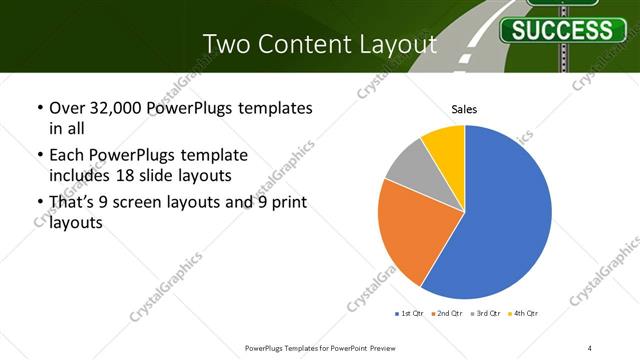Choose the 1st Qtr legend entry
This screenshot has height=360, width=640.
(x=410, y=314)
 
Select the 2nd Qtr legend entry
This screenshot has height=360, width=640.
(x=447, y=314)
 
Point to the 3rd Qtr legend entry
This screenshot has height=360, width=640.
(x=485, y=314)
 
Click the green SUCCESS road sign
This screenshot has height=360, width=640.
(x=562, y=29)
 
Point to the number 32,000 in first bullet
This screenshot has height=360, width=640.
(x=119, y=107)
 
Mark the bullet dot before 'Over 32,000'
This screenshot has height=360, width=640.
(x=39, y=107)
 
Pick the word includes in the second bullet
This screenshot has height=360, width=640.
(x=85, y=175)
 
